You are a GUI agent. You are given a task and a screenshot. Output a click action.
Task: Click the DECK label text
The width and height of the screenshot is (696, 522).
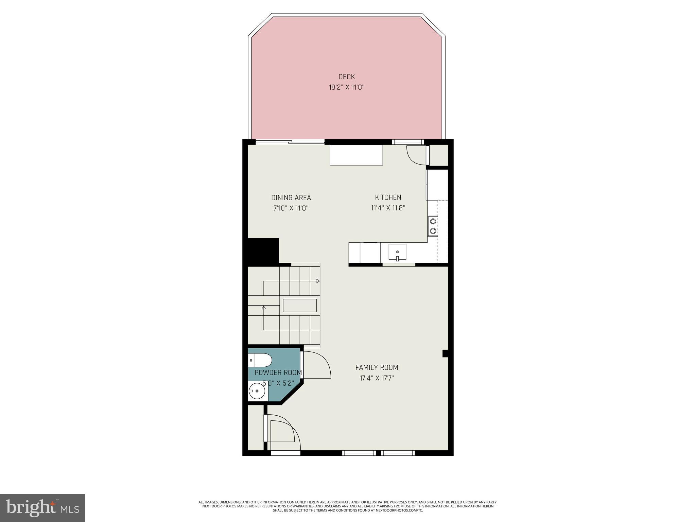click(x=346, y=77)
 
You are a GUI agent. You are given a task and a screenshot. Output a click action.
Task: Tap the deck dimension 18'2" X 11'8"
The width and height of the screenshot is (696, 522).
click(x=346, y=87)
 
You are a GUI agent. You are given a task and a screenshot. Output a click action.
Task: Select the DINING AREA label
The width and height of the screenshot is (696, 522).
click(x=291, y=198)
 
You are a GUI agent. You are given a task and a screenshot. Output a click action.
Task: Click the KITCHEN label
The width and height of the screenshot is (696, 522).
click(x=388, y=197)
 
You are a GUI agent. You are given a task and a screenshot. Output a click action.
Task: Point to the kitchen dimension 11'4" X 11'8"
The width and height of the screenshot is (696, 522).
click(x=388, y=208)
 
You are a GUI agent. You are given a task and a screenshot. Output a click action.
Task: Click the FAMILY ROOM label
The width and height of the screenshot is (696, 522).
click(x=377, y=367)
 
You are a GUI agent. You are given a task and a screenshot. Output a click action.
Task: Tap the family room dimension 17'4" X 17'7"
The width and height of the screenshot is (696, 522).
click(x=377, y=378)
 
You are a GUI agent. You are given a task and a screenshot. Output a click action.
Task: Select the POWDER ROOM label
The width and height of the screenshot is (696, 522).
click(x=278, y=373)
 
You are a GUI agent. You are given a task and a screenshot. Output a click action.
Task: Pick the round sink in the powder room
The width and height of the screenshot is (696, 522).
click(x=257, y=391)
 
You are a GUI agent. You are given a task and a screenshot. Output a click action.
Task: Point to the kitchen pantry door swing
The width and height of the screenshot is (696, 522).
click(x=415, y=156)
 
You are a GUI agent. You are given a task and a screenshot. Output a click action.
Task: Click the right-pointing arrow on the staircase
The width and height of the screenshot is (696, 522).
click(x=318, y=281)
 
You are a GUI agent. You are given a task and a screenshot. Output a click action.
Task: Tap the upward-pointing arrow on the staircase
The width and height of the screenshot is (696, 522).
click(x=264, y=308)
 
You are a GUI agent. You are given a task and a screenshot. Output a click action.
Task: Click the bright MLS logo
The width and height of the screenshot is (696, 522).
click(x=42, y=508)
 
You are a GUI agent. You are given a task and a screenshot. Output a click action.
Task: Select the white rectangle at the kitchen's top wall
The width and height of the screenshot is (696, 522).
click(x=356, y=155)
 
